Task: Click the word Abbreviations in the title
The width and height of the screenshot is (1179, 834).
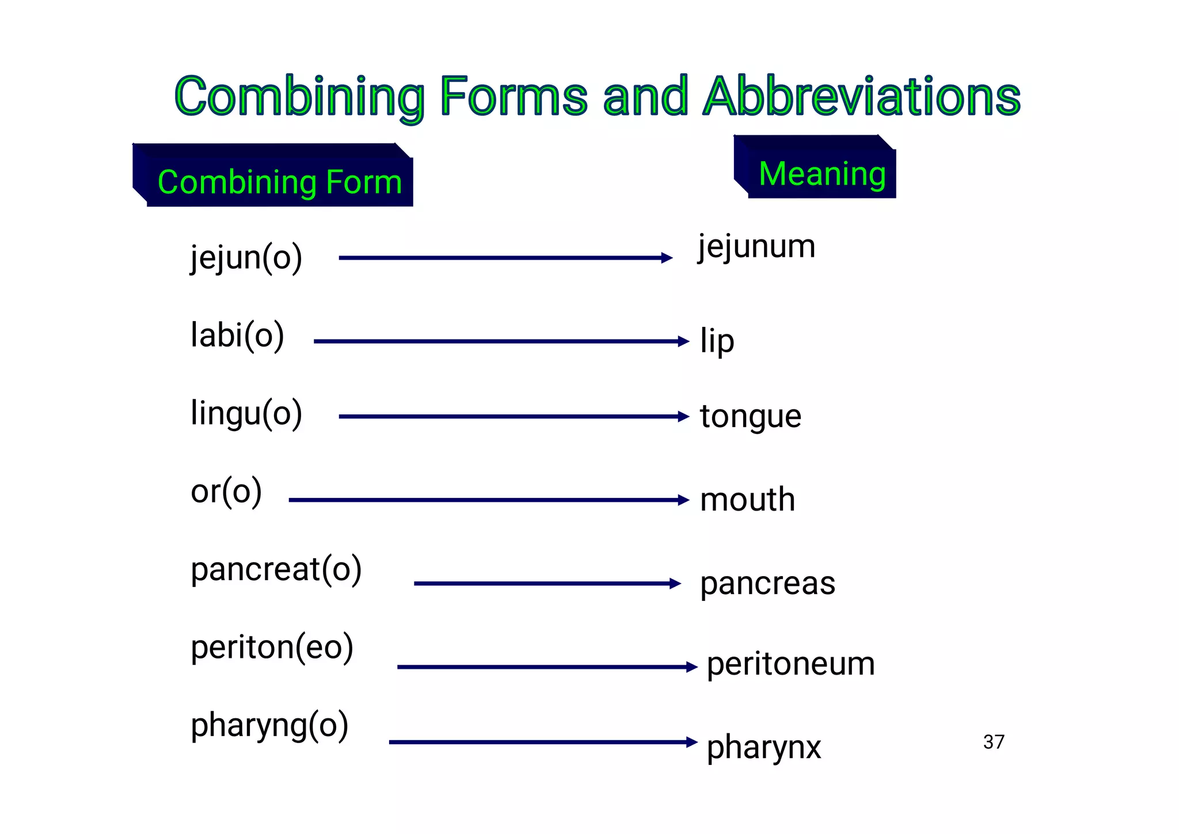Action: point(862,96)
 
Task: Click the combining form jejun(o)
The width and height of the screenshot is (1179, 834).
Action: point(246,257)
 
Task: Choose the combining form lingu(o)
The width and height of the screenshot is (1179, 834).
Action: point(246,413)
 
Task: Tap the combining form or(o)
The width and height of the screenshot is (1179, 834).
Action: point(226,491)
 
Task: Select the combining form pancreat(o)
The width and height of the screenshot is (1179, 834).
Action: point(276,569)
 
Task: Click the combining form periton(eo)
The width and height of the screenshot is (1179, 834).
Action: point(272,647)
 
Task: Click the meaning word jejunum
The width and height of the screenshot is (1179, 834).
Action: point(756,247)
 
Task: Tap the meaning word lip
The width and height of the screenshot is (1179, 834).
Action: point(717,341)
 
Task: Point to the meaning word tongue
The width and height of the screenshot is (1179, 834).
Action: point(750,417)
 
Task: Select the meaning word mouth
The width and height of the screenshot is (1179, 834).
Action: point(747,499)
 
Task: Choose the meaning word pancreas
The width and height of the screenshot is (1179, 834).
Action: point(767,584)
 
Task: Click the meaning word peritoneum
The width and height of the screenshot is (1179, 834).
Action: point(790,664)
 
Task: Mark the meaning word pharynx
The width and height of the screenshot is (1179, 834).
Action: point(763,748)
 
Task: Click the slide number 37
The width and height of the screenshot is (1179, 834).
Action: point(994,742)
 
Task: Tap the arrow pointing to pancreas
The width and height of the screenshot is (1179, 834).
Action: point(547,584)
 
